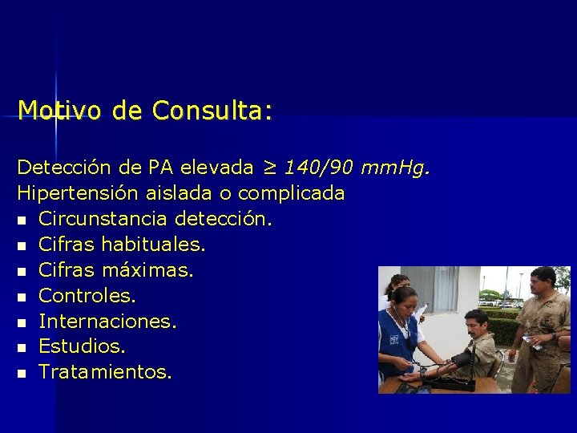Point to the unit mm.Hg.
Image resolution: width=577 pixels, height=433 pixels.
[x=396, y=168]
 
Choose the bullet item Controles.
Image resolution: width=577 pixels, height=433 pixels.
[x=87, y=296]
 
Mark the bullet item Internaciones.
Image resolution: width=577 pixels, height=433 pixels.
[x=107, y=322]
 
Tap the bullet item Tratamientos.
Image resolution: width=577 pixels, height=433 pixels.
[x=104, y=373]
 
